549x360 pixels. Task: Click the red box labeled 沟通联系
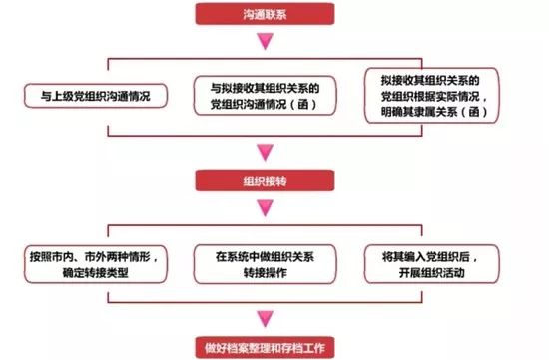[x=265, y=15]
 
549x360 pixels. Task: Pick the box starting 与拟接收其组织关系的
[x=264, y=97]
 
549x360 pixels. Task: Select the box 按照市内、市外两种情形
[x=94, y=263]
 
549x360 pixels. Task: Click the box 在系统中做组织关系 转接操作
[x=264, y=263]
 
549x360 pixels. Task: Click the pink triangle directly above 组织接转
[x=265, y=154]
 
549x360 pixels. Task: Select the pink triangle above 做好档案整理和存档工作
[x=265, y=320]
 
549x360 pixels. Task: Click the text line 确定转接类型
[x=94, y=272]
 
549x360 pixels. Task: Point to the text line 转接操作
[x=264, y=272]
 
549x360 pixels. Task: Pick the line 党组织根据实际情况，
[x=435, y=98]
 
